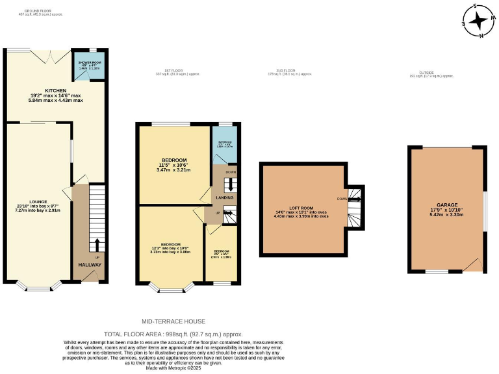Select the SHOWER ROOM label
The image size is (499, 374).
click(x=90, y=63)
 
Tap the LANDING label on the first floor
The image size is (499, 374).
click(x=225, y=197)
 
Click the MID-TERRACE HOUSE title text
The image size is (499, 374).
click(x=173, y=321)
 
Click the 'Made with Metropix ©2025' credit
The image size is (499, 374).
click(x=173, y=369)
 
